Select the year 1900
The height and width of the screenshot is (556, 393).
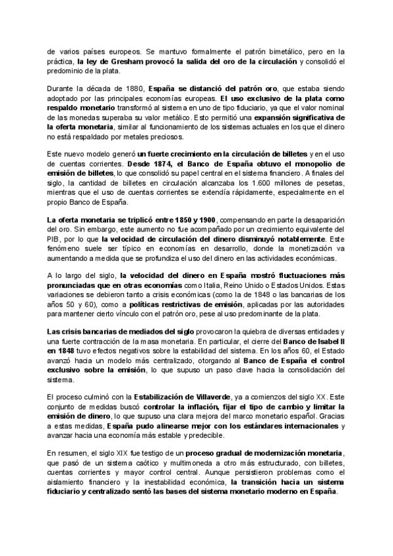pos(206,220)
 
